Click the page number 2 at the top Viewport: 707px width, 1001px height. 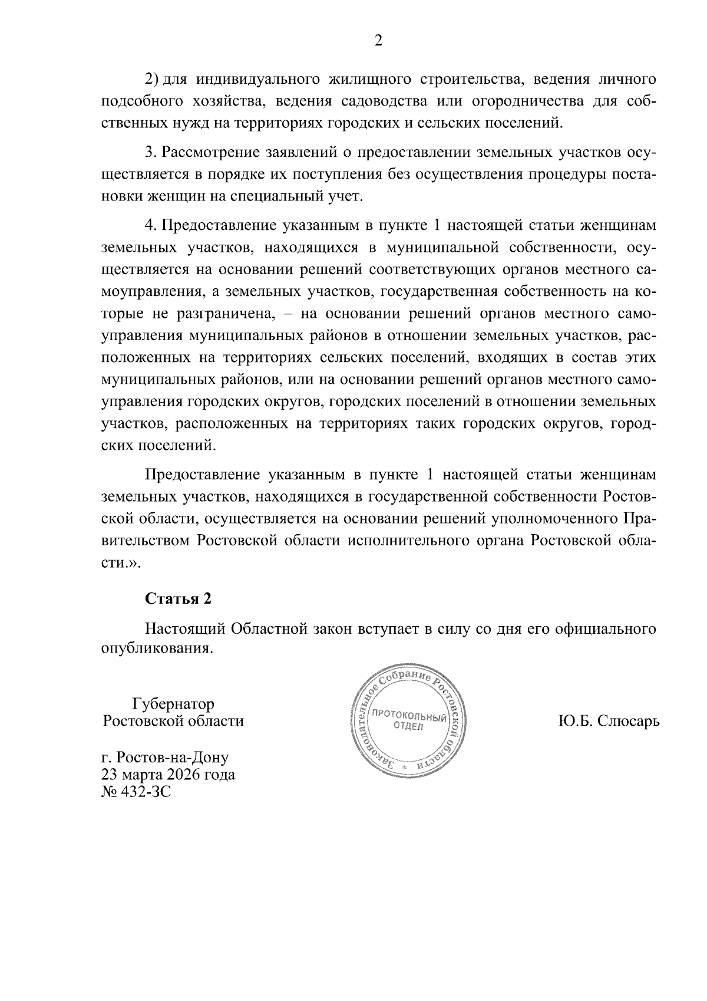[x=378, y=40]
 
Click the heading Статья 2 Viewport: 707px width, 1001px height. [x=178, y=598]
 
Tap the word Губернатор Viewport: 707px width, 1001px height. [x=173, y=704]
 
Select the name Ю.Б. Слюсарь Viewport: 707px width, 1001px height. [x=609, y=720]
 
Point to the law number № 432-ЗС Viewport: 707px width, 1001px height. [x=136, y=792]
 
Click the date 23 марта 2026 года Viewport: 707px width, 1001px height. [x=169, y=774]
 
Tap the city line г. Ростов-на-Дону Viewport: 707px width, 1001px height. [x=166, y=757]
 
